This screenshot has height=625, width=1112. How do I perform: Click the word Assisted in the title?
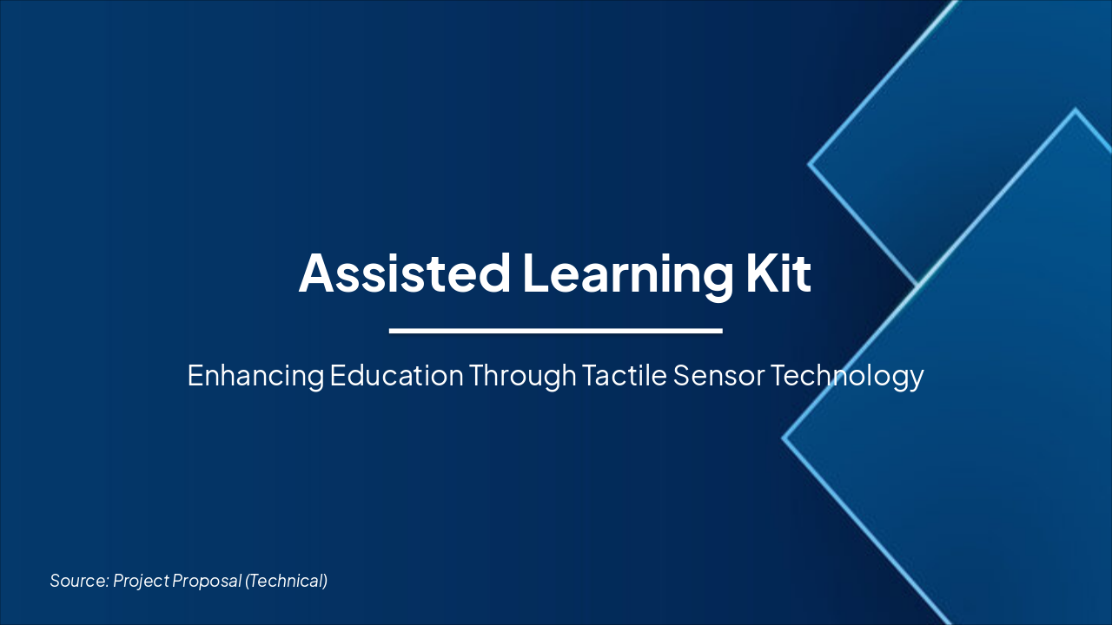pos(404,273)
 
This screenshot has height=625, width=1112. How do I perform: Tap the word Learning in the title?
pos(626,273)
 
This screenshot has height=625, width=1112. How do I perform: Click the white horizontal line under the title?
pos(556,331)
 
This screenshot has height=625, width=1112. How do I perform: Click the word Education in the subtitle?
pos(397,376)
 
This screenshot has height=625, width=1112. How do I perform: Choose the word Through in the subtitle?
pos(523,376)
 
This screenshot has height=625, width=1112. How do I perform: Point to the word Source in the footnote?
pos(78,581)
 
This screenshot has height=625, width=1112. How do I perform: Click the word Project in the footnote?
pos(141,581)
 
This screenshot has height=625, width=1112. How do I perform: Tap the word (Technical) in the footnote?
pos(287,581)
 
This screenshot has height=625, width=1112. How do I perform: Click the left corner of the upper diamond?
pos(810,163)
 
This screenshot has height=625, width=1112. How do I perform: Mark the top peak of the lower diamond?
pos(1076,110)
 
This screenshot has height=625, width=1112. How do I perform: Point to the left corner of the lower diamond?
pos(784,438)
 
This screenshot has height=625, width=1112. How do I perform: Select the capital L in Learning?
pos(533,273)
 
